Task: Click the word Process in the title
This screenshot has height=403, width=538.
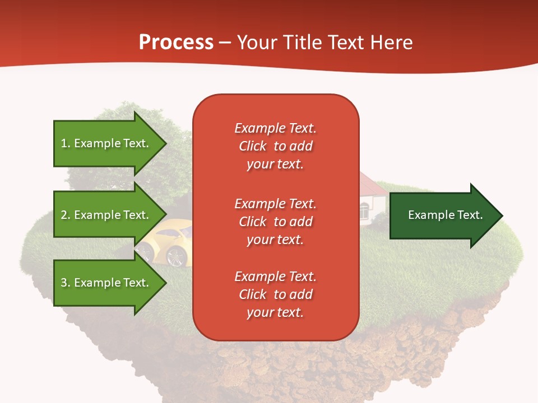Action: [x=176, y=43]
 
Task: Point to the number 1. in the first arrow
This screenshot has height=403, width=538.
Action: [x=66, y=143]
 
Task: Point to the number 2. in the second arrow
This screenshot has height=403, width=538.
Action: [x=66, y=215]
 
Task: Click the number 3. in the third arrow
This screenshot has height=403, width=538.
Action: [x=66, y=283]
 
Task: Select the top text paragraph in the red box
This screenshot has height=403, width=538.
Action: [x=275, y=146]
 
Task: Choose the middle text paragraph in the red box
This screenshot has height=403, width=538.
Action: [x=275, y=222]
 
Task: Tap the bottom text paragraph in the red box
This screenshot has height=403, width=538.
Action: [x=275, y=294]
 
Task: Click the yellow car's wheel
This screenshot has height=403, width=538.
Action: [x=177, y=256]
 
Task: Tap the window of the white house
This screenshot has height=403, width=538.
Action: [x=364, y=212]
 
